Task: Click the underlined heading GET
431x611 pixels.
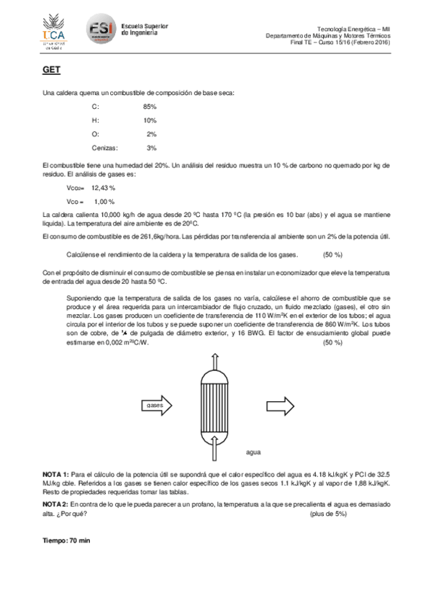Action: pos(51,69)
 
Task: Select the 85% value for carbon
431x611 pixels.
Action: pos(150,107)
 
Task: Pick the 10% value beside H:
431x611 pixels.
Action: pos(150,120)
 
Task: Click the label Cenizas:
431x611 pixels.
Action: pos(104,148)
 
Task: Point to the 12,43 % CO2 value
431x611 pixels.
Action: pos(103,187)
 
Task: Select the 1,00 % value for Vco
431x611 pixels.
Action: pos(104,201)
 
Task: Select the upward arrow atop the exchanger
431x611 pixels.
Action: pos(214,362)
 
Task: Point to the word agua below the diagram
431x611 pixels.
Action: pos(253,452)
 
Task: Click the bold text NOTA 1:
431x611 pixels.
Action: pos(56,473)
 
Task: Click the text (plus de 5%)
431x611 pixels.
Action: pos(327,514)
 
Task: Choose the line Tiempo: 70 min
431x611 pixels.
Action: pos(67,540)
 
